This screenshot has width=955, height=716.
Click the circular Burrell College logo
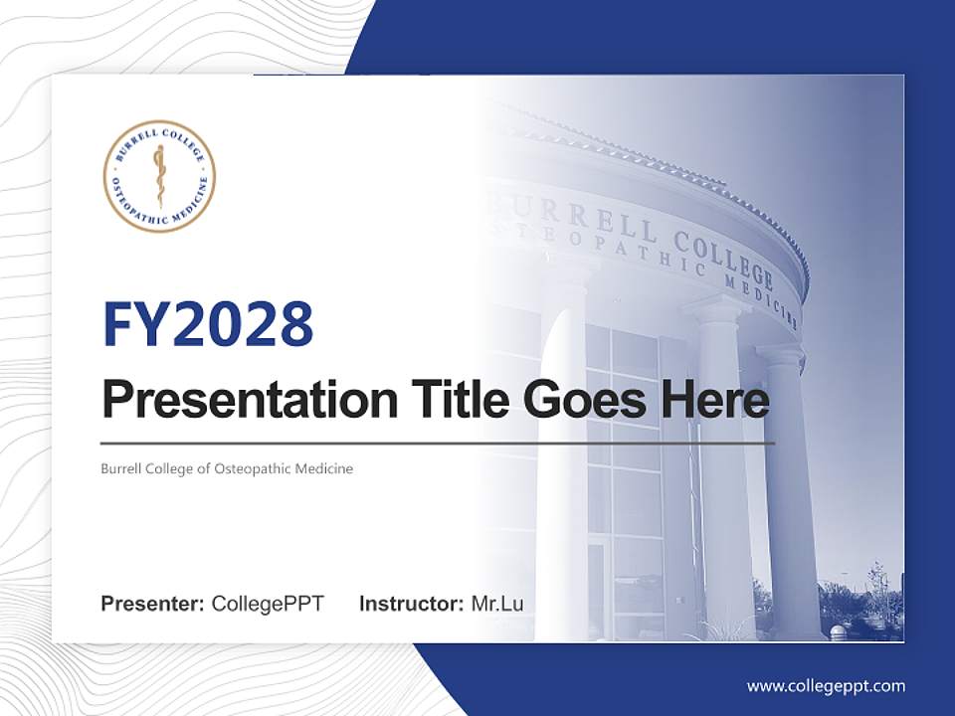click(159, 176)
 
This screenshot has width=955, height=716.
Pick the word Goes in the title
click(580, 401)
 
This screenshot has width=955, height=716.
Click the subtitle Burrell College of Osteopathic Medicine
click(227, 468)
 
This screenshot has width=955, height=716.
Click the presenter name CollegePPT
click(268, 604)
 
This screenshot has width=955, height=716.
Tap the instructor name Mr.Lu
click(497, 604)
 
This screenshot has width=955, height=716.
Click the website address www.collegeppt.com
click(826, 686)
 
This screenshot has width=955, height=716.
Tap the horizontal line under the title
click(438, 444)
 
